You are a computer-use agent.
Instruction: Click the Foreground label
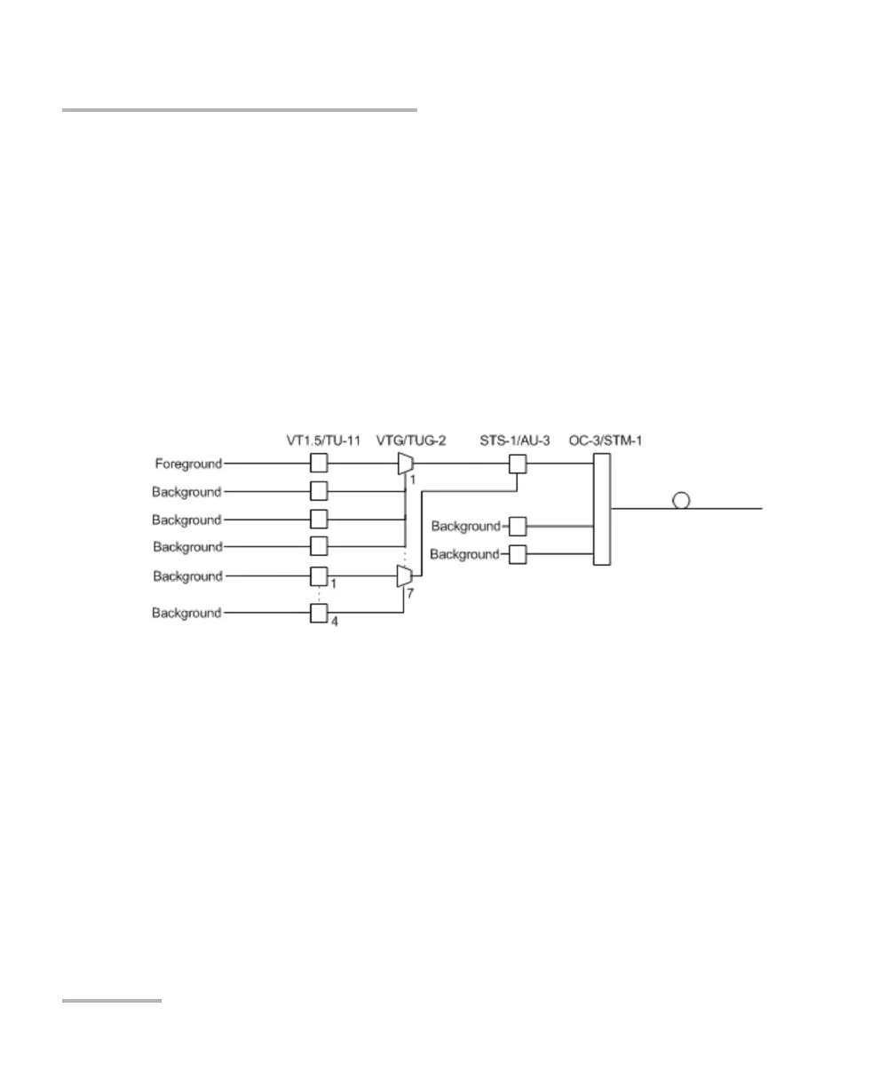[187, 463]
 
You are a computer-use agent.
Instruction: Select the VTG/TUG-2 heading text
[411, 440]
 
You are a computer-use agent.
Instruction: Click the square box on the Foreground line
[319, 463]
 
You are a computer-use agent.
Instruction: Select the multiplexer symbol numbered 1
[405, 463]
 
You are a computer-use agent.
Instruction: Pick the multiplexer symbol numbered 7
[405, 577]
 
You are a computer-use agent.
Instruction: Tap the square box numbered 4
[319, 614]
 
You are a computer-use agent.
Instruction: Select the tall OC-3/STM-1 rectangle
[601, 509]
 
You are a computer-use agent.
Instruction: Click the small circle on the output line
[681, 501]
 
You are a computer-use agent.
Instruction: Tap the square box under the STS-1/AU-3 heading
[518, 463]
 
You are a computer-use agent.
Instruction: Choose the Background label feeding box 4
[186, 613]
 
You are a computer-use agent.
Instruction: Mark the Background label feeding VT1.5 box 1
[186, 576]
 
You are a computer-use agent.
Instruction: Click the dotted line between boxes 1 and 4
[319, 595]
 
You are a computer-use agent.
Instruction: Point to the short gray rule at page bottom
[112, 1001]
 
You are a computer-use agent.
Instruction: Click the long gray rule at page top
[239, 111]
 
